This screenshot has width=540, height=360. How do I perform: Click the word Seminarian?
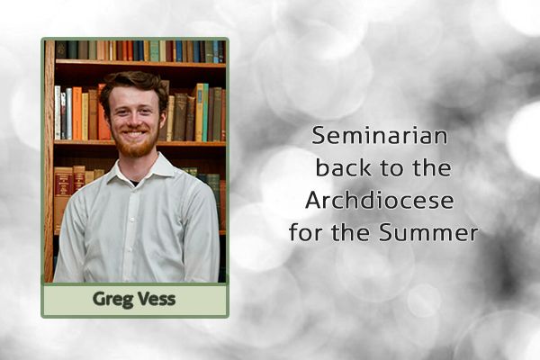click(380, 135)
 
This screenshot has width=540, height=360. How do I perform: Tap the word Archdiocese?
click(379, 200)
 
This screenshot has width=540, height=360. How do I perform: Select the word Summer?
click(428, 232)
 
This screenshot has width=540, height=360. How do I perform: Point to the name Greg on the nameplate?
click(112, 300)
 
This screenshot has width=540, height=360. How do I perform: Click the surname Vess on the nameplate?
click(157, 299)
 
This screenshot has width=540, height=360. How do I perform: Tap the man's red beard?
click(134, 145)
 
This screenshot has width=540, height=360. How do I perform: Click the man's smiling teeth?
click(134, 133)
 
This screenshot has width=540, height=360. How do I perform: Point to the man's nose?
click(133, 119)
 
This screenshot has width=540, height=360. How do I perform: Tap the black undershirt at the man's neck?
click(134, 183)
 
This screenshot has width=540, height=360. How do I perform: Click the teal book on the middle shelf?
click(205, 112)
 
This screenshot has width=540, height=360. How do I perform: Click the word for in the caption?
click(304, 232)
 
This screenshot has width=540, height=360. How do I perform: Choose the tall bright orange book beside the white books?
click(77, 113)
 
